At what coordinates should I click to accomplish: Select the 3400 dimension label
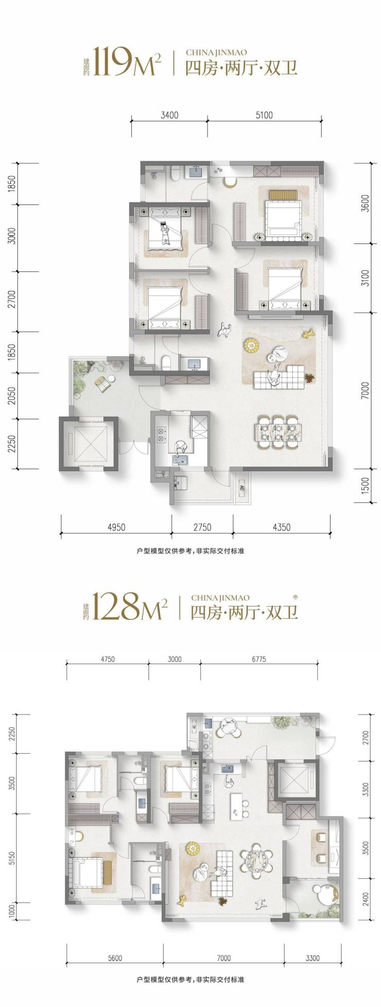169,115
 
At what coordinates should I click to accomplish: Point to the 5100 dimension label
264,115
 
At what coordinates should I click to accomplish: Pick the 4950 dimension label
116,527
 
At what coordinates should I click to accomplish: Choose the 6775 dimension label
259,659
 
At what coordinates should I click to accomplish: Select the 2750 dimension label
202,527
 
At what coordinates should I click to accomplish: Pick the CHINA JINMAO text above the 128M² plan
220,598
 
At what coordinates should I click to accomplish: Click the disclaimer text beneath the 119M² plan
190,550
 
